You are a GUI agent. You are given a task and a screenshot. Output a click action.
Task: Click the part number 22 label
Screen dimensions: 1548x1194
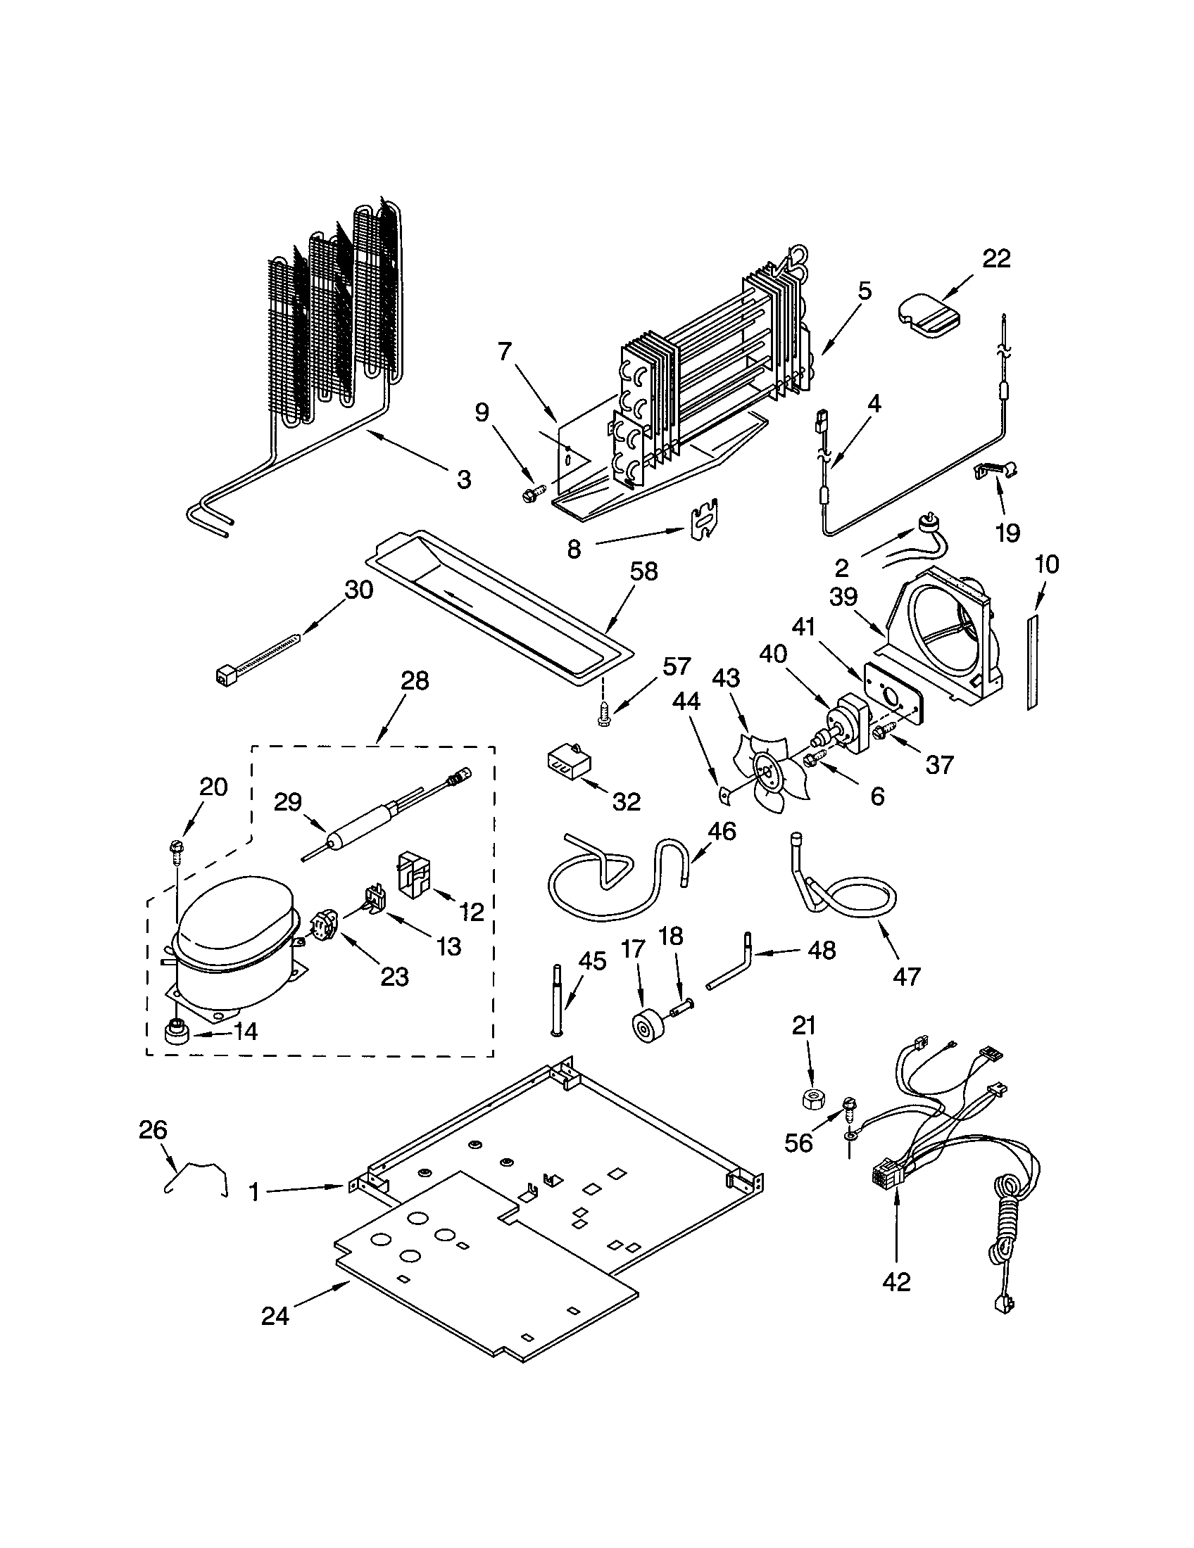(x=995, y=259)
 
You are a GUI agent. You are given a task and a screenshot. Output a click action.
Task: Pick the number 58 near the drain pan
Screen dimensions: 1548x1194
(x=643, y=571)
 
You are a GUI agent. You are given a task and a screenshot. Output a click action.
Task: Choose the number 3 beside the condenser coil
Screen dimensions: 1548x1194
(x=463, y=480)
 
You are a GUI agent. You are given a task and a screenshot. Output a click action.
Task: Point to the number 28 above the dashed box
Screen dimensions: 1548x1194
(x=415, y=681)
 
